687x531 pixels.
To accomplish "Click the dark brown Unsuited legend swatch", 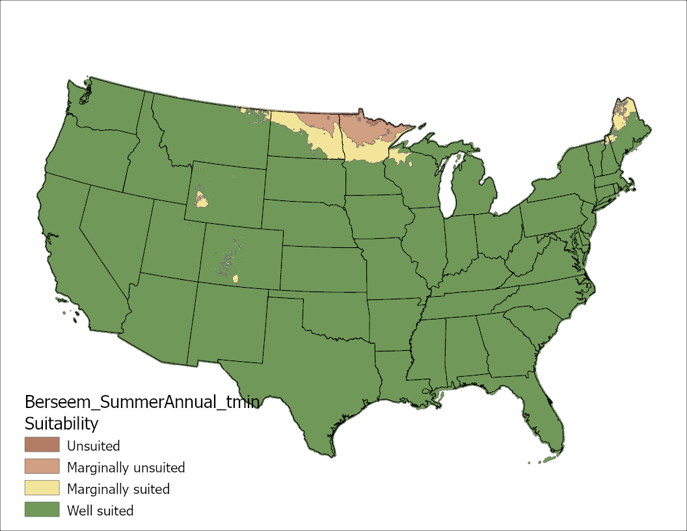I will point(42,446).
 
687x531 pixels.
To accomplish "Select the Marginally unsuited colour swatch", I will point(42,467).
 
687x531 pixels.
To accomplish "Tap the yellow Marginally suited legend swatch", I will point(42,488).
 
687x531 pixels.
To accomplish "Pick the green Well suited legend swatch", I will point(42,510).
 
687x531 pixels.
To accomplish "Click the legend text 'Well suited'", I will point(100,510).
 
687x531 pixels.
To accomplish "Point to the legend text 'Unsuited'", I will point(94,446).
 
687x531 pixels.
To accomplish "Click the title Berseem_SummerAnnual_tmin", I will point(142,402).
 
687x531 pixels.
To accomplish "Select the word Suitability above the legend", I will point(61,424).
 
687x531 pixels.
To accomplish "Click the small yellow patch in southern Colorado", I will point(235,279).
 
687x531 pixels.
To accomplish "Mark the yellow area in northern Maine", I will point(621,117).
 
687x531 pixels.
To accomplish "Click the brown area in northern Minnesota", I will point(364,130).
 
